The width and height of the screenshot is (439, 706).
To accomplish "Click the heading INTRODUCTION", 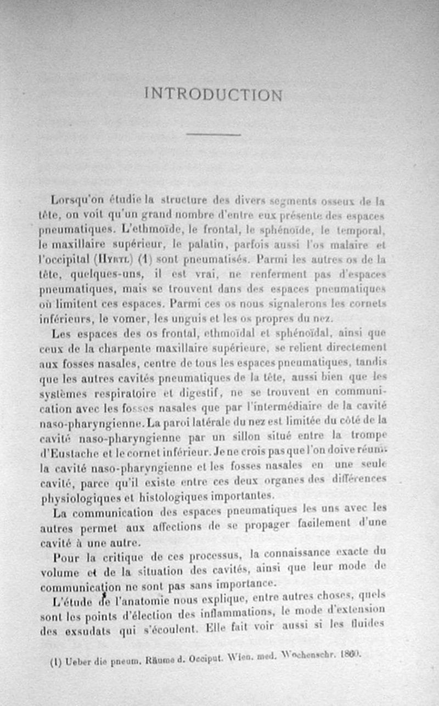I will click(213, 94).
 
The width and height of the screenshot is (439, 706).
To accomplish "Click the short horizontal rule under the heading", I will click(213, 134).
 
